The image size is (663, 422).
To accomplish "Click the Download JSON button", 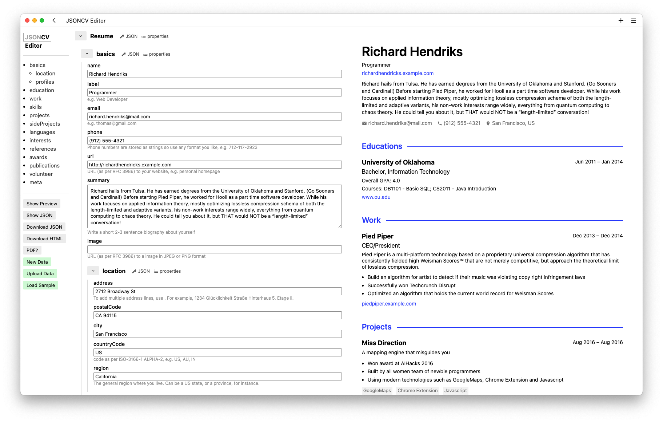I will click(44, 227).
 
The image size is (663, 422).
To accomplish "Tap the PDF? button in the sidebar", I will click(32, 250).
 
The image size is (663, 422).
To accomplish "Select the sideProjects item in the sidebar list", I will click(45, 124).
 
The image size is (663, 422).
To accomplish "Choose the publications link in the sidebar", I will click(44, 166).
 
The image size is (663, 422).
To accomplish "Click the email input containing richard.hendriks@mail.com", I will click(214, 117).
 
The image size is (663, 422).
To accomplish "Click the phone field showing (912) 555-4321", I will click(214, 141).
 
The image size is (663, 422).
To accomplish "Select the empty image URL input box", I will click(214, 249).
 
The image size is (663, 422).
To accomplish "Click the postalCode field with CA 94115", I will click(217, 315).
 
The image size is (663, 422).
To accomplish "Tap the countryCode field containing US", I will click(217, 352).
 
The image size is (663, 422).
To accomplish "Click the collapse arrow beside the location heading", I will click(93, 271).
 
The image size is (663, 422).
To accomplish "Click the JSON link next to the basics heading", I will click(131, 54).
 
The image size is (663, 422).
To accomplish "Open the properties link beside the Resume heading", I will click(155, 36).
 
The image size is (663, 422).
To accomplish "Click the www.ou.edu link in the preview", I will click(376, 197).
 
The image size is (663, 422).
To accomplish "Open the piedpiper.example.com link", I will click(389, 304).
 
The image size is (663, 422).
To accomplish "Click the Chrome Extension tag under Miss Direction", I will click(418, 390).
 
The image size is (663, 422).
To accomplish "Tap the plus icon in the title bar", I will click(621, 21).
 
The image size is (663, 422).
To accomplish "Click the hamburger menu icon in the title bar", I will click(634, 21).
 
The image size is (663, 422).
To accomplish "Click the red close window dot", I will click(27, 20).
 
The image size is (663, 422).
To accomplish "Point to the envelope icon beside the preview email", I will click(364, 123).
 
